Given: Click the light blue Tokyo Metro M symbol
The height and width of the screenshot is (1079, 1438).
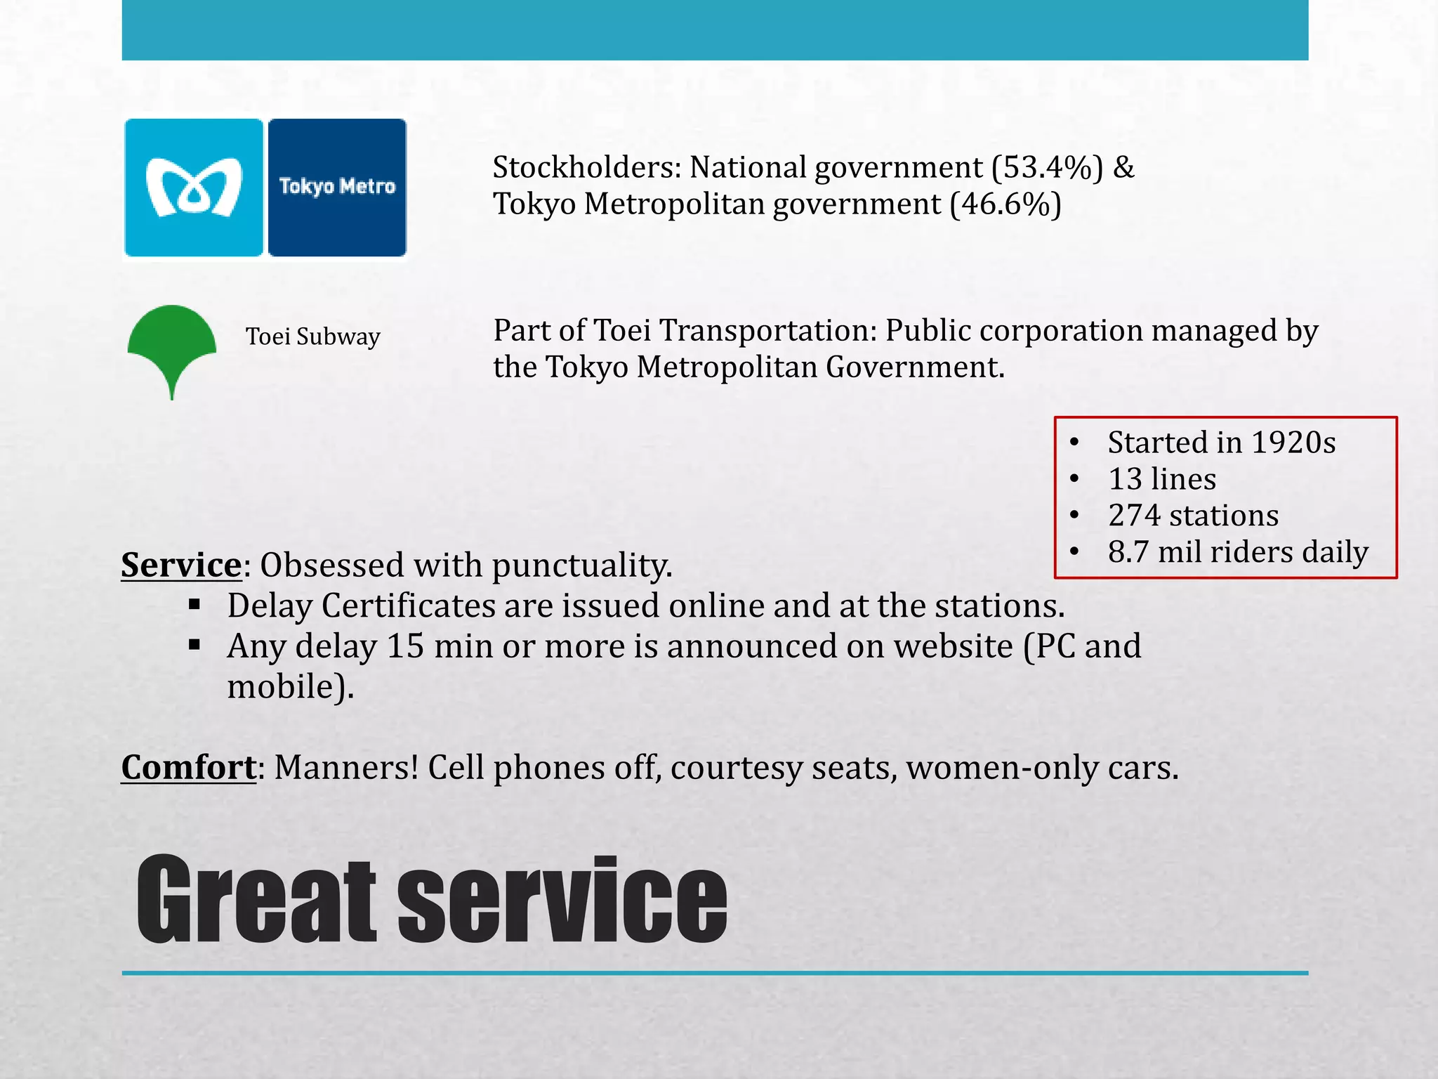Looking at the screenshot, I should (194, 188).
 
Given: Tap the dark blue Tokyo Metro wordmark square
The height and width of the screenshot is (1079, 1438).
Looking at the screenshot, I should (337, 188).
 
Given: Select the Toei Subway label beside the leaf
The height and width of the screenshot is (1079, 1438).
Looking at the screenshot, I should (312, 336).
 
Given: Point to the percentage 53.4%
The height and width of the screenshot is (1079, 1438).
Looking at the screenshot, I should (1048, 168).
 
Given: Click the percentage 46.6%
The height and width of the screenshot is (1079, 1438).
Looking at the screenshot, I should (1005, 204).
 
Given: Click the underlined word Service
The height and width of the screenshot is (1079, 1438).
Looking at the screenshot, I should (181, 565).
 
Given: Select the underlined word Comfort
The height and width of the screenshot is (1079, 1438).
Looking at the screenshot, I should (188, 767).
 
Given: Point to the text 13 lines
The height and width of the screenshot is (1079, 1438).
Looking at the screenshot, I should (1162, 479).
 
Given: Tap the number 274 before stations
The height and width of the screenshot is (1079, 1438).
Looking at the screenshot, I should (1134, 516).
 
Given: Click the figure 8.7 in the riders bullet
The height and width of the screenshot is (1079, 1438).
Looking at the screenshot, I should (1129, 552).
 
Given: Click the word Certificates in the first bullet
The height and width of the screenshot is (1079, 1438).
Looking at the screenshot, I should (408, 606).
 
